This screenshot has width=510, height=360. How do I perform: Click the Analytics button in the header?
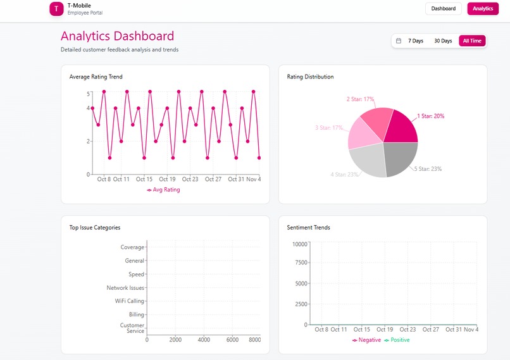click(483, 9)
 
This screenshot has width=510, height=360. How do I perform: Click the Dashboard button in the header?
click(444, 9)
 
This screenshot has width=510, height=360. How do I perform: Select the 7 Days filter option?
click(416, 41)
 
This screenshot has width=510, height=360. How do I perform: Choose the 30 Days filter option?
click(443, 41)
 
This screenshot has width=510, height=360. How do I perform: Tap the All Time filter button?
click(472, 41)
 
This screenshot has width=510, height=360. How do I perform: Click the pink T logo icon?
click(57, 9)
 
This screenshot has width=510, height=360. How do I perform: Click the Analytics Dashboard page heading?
click(117, 36)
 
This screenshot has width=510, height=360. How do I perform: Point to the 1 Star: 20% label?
click(430, 116)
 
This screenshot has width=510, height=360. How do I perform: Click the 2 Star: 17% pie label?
click(360, 99)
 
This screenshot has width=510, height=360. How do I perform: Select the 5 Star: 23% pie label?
click(428, 169)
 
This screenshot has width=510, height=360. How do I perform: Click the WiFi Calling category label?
click(129, 301)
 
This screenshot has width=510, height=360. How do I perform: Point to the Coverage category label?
click(132, 247)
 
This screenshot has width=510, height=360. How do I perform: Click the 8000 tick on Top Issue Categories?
click(254, 340)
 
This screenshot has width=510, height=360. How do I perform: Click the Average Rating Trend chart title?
click(96, 77)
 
